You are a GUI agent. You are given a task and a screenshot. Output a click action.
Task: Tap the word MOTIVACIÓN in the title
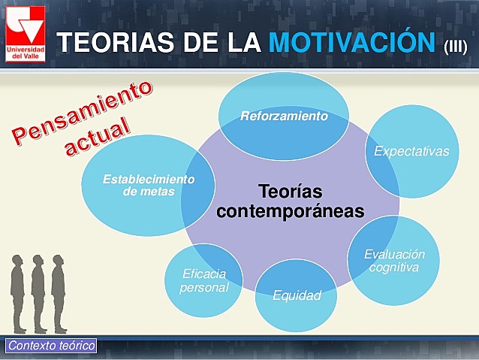352,42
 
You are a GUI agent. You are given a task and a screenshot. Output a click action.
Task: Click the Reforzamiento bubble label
284,116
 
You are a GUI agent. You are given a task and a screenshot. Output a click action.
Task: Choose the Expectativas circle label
411,151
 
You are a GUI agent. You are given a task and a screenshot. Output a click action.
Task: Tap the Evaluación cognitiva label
389,261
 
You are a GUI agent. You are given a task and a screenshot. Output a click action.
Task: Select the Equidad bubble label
297,295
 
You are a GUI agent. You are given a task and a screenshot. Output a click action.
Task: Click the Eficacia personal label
203,280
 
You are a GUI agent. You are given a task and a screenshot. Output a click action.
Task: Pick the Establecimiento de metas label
148,185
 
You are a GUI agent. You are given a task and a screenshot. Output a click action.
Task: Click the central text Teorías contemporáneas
290,201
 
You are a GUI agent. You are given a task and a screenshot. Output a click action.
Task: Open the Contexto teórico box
51,346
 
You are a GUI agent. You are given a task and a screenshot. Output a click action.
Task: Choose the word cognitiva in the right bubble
389,268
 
